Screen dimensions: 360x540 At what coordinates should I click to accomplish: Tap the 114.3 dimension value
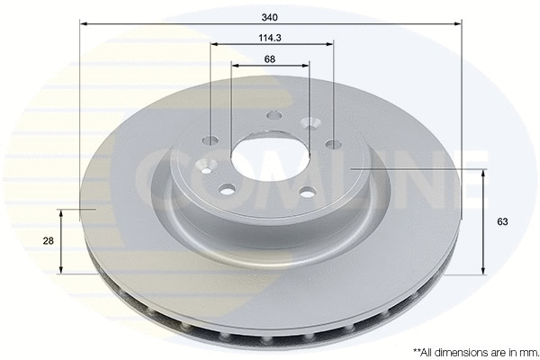(270, 37)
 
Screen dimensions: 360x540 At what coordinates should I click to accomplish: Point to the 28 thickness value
(48, 240)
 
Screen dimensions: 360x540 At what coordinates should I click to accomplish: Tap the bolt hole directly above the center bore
(273, 114)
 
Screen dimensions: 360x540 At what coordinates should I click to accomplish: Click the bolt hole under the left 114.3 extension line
(211, 140)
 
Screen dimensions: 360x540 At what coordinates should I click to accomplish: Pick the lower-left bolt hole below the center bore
(227, 189)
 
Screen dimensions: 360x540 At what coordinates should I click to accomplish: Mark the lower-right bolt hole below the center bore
(306, 192)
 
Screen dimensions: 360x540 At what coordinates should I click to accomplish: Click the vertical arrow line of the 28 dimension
(61, 240)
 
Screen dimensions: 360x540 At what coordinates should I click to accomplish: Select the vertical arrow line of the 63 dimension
(485, 220)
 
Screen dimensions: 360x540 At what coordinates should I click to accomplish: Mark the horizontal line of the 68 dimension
(270, 66)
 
